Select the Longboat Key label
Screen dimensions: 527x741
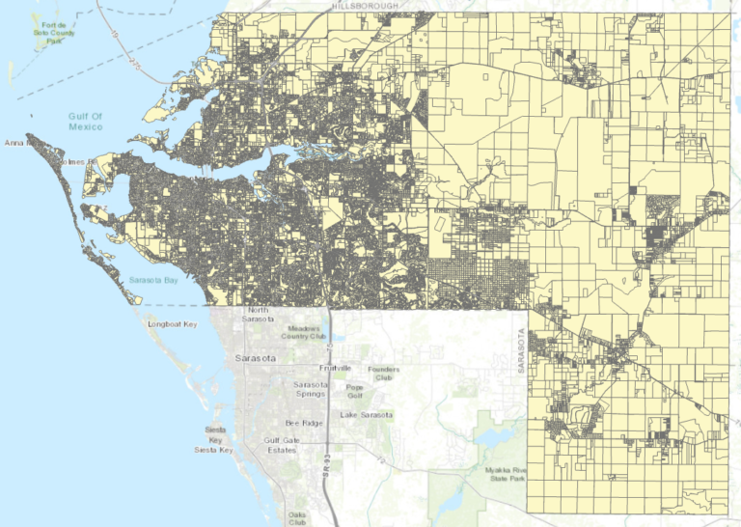pos(172,324)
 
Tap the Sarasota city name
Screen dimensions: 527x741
pos(256,358)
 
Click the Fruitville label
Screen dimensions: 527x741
pos(337,369)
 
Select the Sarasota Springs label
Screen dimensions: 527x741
pos(312,390)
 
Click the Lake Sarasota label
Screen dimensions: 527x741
pos(366,415)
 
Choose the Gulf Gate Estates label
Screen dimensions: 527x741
pos(282,445)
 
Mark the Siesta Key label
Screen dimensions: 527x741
pos(214,439)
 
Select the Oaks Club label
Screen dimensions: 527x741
pos(297,518)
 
